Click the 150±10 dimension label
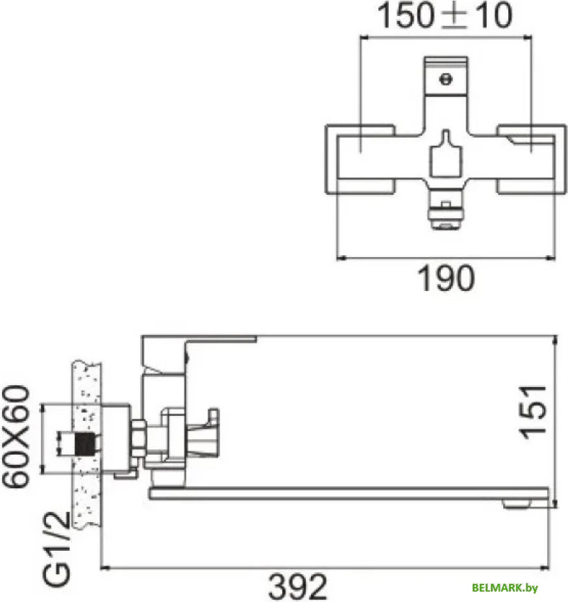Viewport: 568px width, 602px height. pos(445,17)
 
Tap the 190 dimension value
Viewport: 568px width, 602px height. pos(445,280)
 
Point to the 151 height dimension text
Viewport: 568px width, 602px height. pos(536,412)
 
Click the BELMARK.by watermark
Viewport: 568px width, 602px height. pos(505,588)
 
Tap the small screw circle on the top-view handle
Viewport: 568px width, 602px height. pos(445,79)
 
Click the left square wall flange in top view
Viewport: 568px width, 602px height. pos(360,158)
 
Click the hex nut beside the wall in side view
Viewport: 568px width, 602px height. pos(138,437)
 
